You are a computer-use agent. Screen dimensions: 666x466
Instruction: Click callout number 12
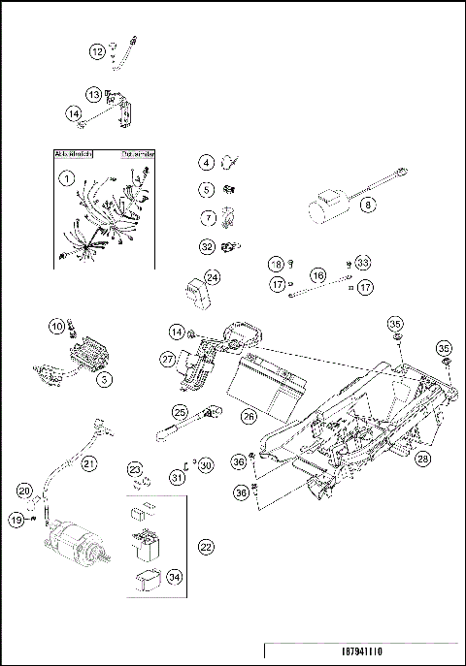[97, 51]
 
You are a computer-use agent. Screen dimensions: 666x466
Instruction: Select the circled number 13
[93, 94]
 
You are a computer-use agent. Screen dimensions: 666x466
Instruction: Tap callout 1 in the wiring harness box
[67, 178]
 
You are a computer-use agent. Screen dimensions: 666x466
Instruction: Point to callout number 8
[367, 206]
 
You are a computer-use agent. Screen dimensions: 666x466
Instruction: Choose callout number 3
[103, 379]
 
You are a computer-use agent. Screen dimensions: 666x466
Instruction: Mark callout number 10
[56, 326]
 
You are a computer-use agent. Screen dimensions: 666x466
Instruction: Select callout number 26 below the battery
[249, 416]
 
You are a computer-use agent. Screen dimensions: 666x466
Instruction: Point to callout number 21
[88, 463]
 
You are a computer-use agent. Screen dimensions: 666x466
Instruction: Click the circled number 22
[205, 547]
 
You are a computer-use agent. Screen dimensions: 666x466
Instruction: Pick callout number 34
[174, 578]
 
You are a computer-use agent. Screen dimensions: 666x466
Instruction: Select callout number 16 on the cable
[316, 275]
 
